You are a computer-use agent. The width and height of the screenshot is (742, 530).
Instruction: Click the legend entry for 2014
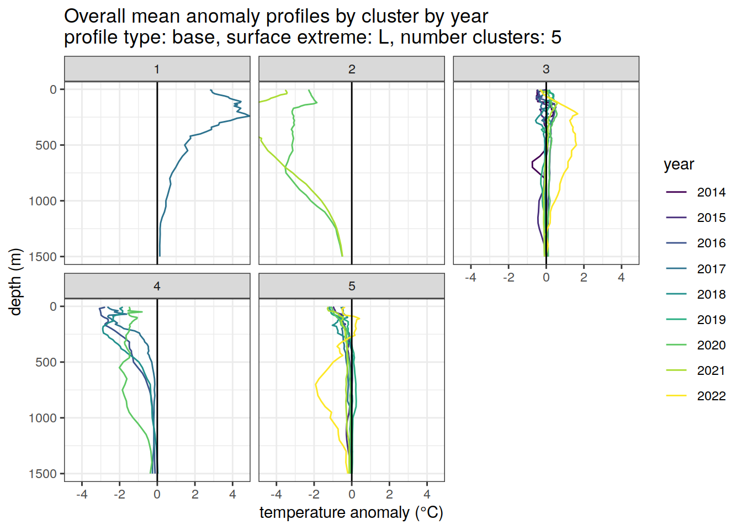[x=711, y=192]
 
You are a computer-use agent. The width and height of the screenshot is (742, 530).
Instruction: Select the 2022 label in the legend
[x=711, y=396]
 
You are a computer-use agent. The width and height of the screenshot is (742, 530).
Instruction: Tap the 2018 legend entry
[x=711, y=294]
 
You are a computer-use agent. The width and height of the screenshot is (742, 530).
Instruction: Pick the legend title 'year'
[x=679, y=165]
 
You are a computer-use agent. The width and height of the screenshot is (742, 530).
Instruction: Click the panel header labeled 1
[x=157, y=69]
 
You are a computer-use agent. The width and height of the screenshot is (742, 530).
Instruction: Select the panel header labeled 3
[x=546, y=69]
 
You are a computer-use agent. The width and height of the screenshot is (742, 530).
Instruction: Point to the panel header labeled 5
[x=352, y=286]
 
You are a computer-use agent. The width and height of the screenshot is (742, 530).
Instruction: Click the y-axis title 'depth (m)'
[x=15, y=282]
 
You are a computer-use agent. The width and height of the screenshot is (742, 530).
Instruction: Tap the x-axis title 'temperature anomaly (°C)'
[x=351, y=512]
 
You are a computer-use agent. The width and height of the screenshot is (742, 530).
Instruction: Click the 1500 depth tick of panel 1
[x=46, y=257]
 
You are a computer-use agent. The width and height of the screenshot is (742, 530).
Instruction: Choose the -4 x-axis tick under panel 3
[x=470, y=278]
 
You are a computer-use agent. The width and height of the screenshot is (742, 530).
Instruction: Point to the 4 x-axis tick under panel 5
[x=427, y=494]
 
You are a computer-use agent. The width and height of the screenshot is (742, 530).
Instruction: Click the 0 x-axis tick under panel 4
[x=157, y=494]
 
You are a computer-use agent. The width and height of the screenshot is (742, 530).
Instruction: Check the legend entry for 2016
[x=711, y=243]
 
